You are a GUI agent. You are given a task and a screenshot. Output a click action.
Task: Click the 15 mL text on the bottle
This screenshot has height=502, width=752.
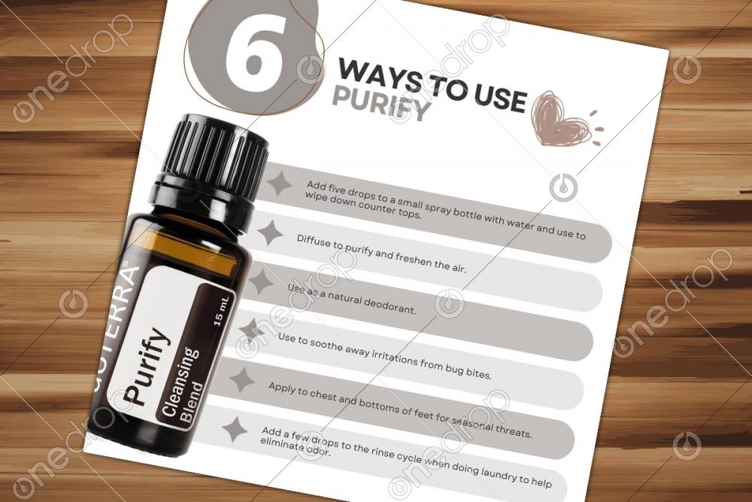(x=222, y=312)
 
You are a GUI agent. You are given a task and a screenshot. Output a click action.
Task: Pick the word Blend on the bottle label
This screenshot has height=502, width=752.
(x=191, y=403)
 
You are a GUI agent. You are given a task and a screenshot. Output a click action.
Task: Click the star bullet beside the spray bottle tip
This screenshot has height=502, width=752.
(x=280, y=183)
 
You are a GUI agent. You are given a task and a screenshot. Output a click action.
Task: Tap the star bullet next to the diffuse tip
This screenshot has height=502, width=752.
(x=271, y=233)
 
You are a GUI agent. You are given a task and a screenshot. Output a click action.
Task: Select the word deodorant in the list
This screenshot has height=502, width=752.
(x=390, y=306)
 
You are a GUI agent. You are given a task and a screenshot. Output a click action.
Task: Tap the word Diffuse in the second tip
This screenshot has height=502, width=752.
(x=314, y=242)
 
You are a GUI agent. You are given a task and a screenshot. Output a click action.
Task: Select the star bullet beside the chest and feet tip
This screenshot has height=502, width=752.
(x=243, y=380)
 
